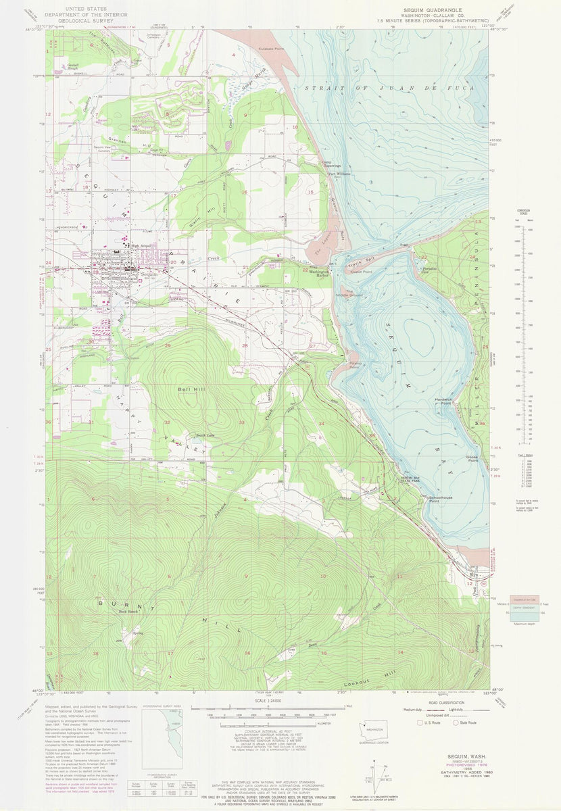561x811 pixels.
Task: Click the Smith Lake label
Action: pos(185,435)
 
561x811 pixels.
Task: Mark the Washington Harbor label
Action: pos(322,274)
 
